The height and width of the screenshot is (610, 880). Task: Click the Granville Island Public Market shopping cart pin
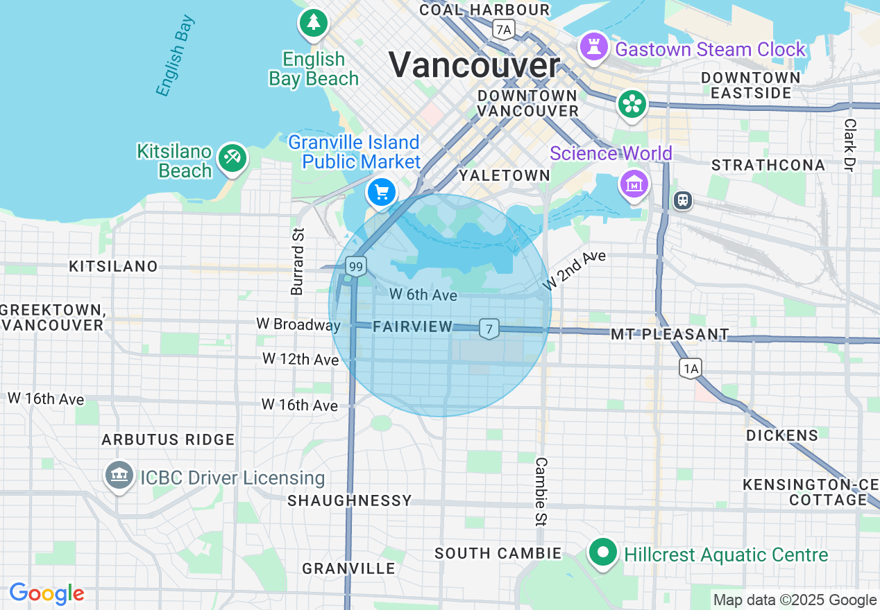(x=381, y=192)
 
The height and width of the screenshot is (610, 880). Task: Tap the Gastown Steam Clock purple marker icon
(x=594, y=46)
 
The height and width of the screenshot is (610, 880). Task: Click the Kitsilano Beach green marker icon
(x=232, y=158)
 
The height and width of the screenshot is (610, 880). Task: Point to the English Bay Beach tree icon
(x=314, y=23)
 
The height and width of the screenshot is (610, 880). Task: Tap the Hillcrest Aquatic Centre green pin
(x=603, y=552)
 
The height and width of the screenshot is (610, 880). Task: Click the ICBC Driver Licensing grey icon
(x=119, y=476)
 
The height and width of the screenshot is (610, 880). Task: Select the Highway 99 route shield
(x=356, y=266)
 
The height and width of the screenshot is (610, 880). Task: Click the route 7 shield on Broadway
(x=489, y=329)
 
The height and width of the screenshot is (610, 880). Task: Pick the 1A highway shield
(x=691, y=368)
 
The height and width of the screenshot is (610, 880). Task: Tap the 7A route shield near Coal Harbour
(x=503, y=29)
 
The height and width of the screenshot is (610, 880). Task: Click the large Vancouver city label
(x=474, y=66)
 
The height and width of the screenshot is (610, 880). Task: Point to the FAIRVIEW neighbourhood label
(x=412, y=326)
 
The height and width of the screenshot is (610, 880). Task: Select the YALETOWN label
(x=505, y=175)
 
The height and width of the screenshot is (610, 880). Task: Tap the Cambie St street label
(x=541, y=491)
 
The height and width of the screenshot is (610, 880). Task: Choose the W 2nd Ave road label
(x=574, y=270)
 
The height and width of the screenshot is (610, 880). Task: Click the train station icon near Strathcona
(x=683, y=200)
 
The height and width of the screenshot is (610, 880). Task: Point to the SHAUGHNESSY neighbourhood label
(x=350, y=500)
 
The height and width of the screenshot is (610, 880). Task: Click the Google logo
(x=46, y=594)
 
